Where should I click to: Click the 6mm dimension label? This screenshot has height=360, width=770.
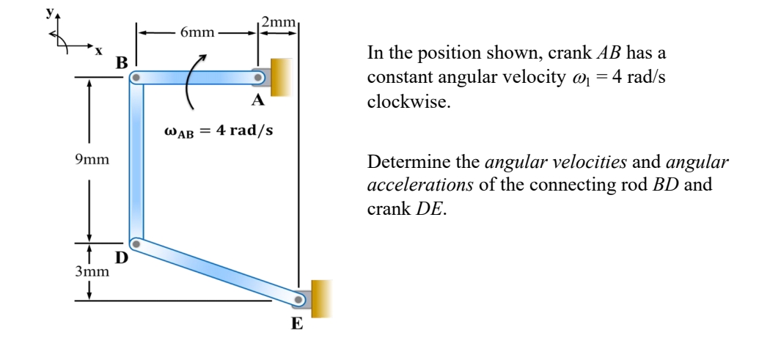tap(198, 32)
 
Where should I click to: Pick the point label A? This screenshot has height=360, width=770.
tap(259, 101)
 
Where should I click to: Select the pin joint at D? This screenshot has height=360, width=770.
tap(135, 243)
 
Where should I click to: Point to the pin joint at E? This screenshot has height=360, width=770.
tap(299, 299)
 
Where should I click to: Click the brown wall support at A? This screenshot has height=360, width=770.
tap(282, 76)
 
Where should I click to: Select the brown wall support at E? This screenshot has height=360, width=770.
tap(321, 298)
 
